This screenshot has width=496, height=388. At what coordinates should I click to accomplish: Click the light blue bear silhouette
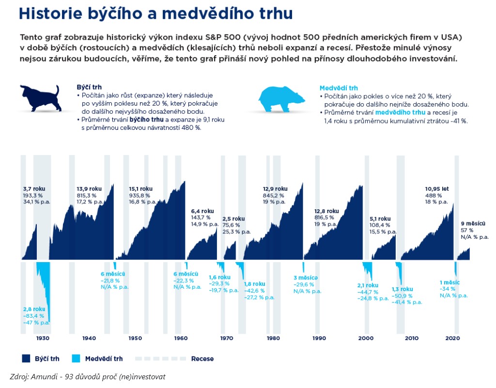(281, 98)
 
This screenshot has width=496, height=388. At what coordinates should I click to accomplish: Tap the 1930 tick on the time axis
(43, 338)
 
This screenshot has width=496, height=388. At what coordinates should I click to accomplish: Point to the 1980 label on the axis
(273, 338)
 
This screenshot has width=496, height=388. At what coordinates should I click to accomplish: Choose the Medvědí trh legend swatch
(76, 358)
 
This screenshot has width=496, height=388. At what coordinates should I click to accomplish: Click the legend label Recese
(202, 359)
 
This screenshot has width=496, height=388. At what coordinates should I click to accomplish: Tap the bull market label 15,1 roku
(141, 188)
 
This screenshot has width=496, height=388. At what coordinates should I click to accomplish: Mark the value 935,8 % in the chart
(140, 195)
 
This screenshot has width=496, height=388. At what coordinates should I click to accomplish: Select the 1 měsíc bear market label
(449, 282)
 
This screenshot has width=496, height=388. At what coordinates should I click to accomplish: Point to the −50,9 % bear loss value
(402, 295)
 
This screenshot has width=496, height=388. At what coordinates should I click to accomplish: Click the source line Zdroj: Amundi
(88, 376)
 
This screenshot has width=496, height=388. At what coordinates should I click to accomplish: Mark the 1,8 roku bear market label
(254, 284)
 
